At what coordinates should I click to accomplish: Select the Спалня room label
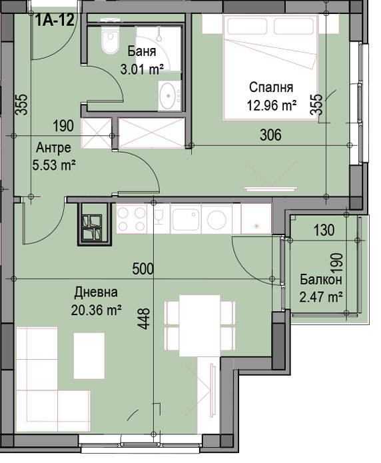(271, 87)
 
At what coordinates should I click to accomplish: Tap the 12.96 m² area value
(271, 104)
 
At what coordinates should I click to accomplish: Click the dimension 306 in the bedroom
(271, 135)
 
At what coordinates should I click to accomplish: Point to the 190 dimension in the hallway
(63, 126)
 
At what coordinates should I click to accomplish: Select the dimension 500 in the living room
(143, 269)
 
